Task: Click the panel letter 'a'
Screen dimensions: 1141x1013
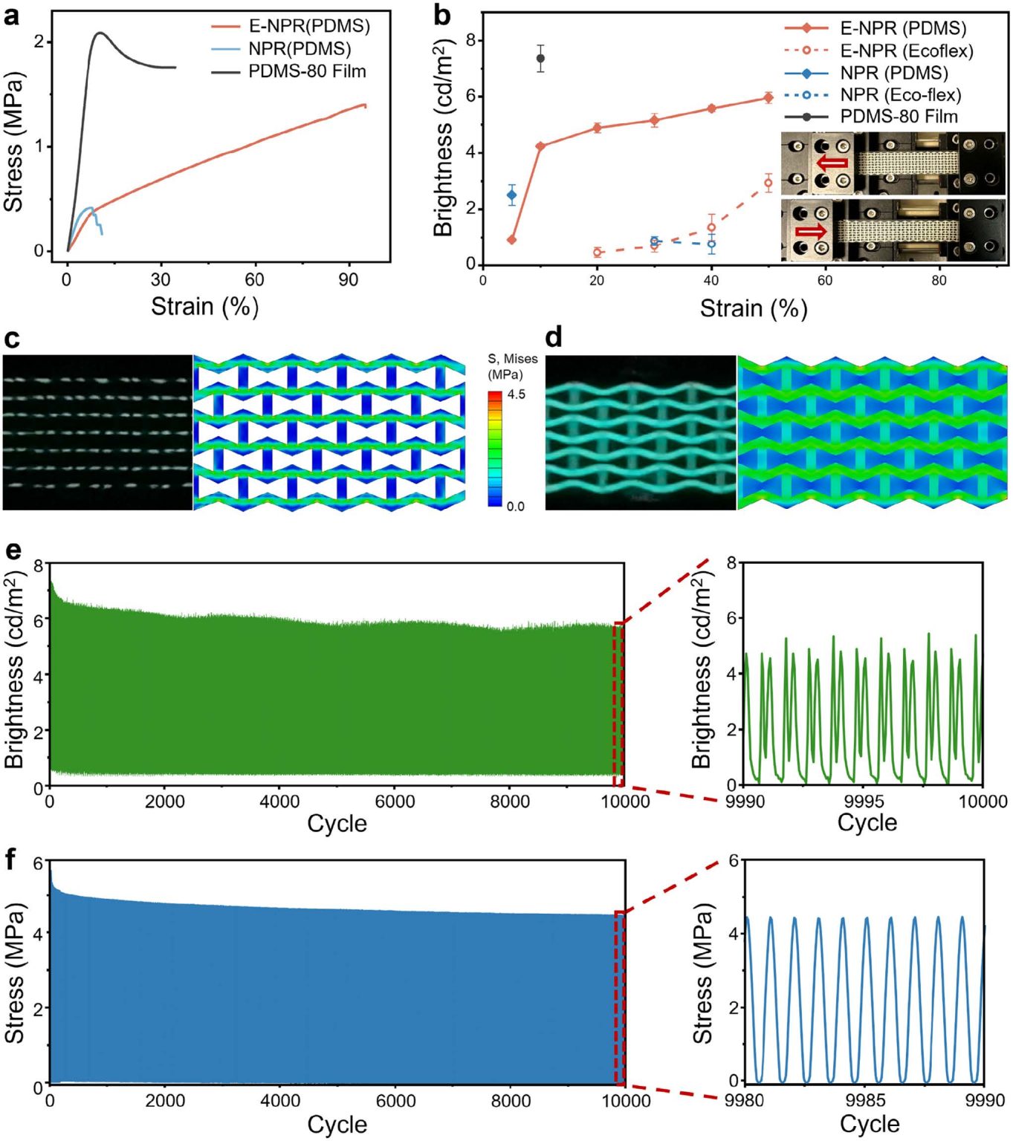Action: click(11, 16)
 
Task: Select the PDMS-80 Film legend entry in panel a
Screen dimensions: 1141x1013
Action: click(306, 71)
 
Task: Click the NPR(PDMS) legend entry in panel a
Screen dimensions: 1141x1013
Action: click(299, 49)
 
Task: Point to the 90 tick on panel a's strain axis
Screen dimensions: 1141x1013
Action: click(348, 280)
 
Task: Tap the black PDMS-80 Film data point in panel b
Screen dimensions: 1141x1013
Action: click(540, 58)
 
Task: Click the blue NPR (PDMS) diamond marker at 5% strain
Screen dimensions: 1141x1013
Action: click(511, 195)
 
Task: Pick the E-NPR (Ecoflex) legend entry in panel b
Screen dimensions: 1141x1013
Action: click(906, 51)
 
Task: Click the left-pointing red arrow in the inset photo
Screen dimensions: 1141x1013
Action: click(832, 163)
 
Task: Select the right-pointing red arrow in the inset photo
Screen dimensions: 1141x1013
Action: click(811, 231)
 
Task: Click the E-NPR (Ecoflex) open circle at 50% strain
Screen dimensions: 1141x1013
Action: click(768, 183)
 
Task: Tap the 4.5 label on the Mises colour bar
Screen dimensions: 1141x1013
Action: click(517, 394)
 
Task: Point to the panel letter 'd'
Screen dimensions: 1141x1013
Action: click(554, 338)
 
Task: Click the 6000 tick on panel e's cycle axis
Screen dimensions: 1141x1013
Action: click(395, 802)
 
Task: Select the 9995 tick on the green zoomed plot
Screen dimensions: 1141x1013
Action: click(864, 802)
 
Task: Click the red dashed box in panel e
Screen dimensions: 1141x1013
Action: click(618, 704)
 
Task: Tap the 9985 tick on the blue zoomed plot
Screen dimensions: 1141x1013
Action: click(865, 1101)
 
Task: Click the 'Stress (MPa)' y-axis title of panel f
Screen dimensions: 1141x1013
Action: click(15, 973)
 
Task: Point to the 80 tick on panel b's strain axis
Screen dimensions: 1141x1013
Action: click(939, 281)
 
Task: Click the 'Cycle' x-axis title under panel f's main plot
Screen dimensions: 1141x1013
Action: click(337, 1125)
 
